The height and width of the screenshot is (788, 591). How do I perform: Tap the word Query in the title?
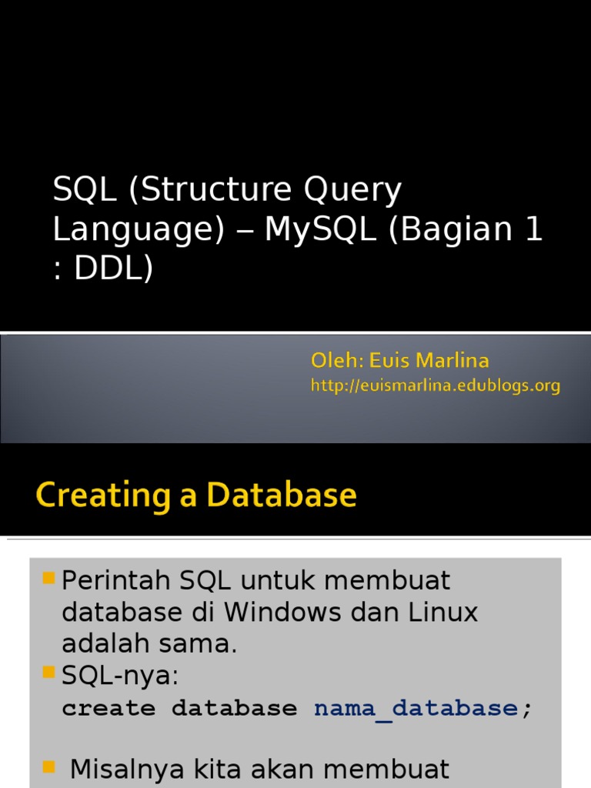(351, 191)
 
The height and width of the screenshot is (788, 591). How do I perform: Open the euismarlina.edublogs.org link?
(436, 386)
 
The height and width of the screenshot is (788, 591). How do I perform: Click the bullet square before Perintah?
(48, 577)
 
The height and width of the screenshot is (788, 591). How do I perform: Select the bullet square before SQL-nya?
(48, 673)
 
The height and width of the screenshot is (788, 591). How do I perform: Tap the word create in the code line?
(109, 708)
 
